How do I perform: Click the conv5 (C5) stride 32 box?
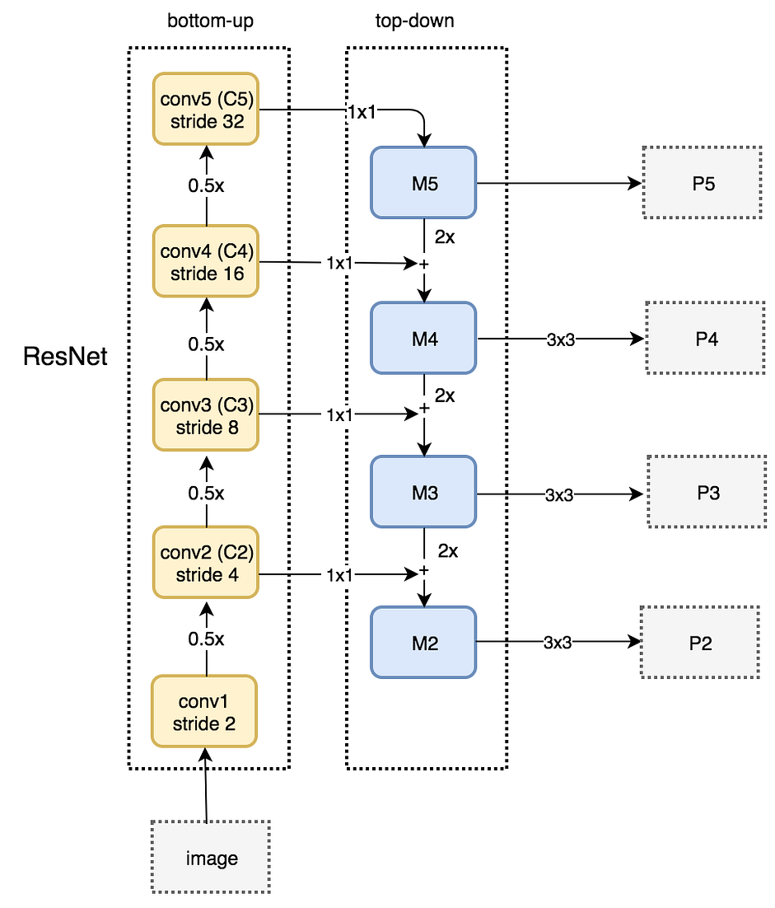[205, 109]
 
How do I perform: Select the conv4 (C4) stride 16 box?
[205, 261]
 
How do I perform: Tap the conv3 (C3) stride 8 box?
[205, 414]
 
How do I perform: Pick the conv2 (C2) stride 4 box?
[205, 562]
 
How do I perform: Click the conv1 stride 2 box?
[203, 711]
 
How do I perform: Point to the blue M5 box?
[423, 183]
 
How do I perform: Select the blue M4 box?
[423, 338]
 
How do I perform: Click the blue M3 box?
[423, 492]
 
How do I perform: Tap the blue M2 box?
[423, 642]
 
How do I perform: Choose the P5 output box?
[702, 182]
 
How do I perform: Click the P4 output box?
[706, 338]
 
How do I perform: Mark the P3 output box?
[707, 492]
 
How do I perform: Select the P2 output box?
[700, 642]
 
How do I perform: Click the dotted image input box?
[211, 857]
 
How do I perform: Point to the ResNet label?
[65, 356]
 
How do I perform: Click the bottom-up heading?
[210, 21]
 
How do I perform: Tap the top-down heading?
[414, 21]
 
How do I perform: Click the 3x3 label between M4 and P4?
[560, 340]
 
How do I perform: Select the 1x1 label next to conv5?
[362, 112]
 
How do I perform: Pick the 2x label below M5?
[445, 236]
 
